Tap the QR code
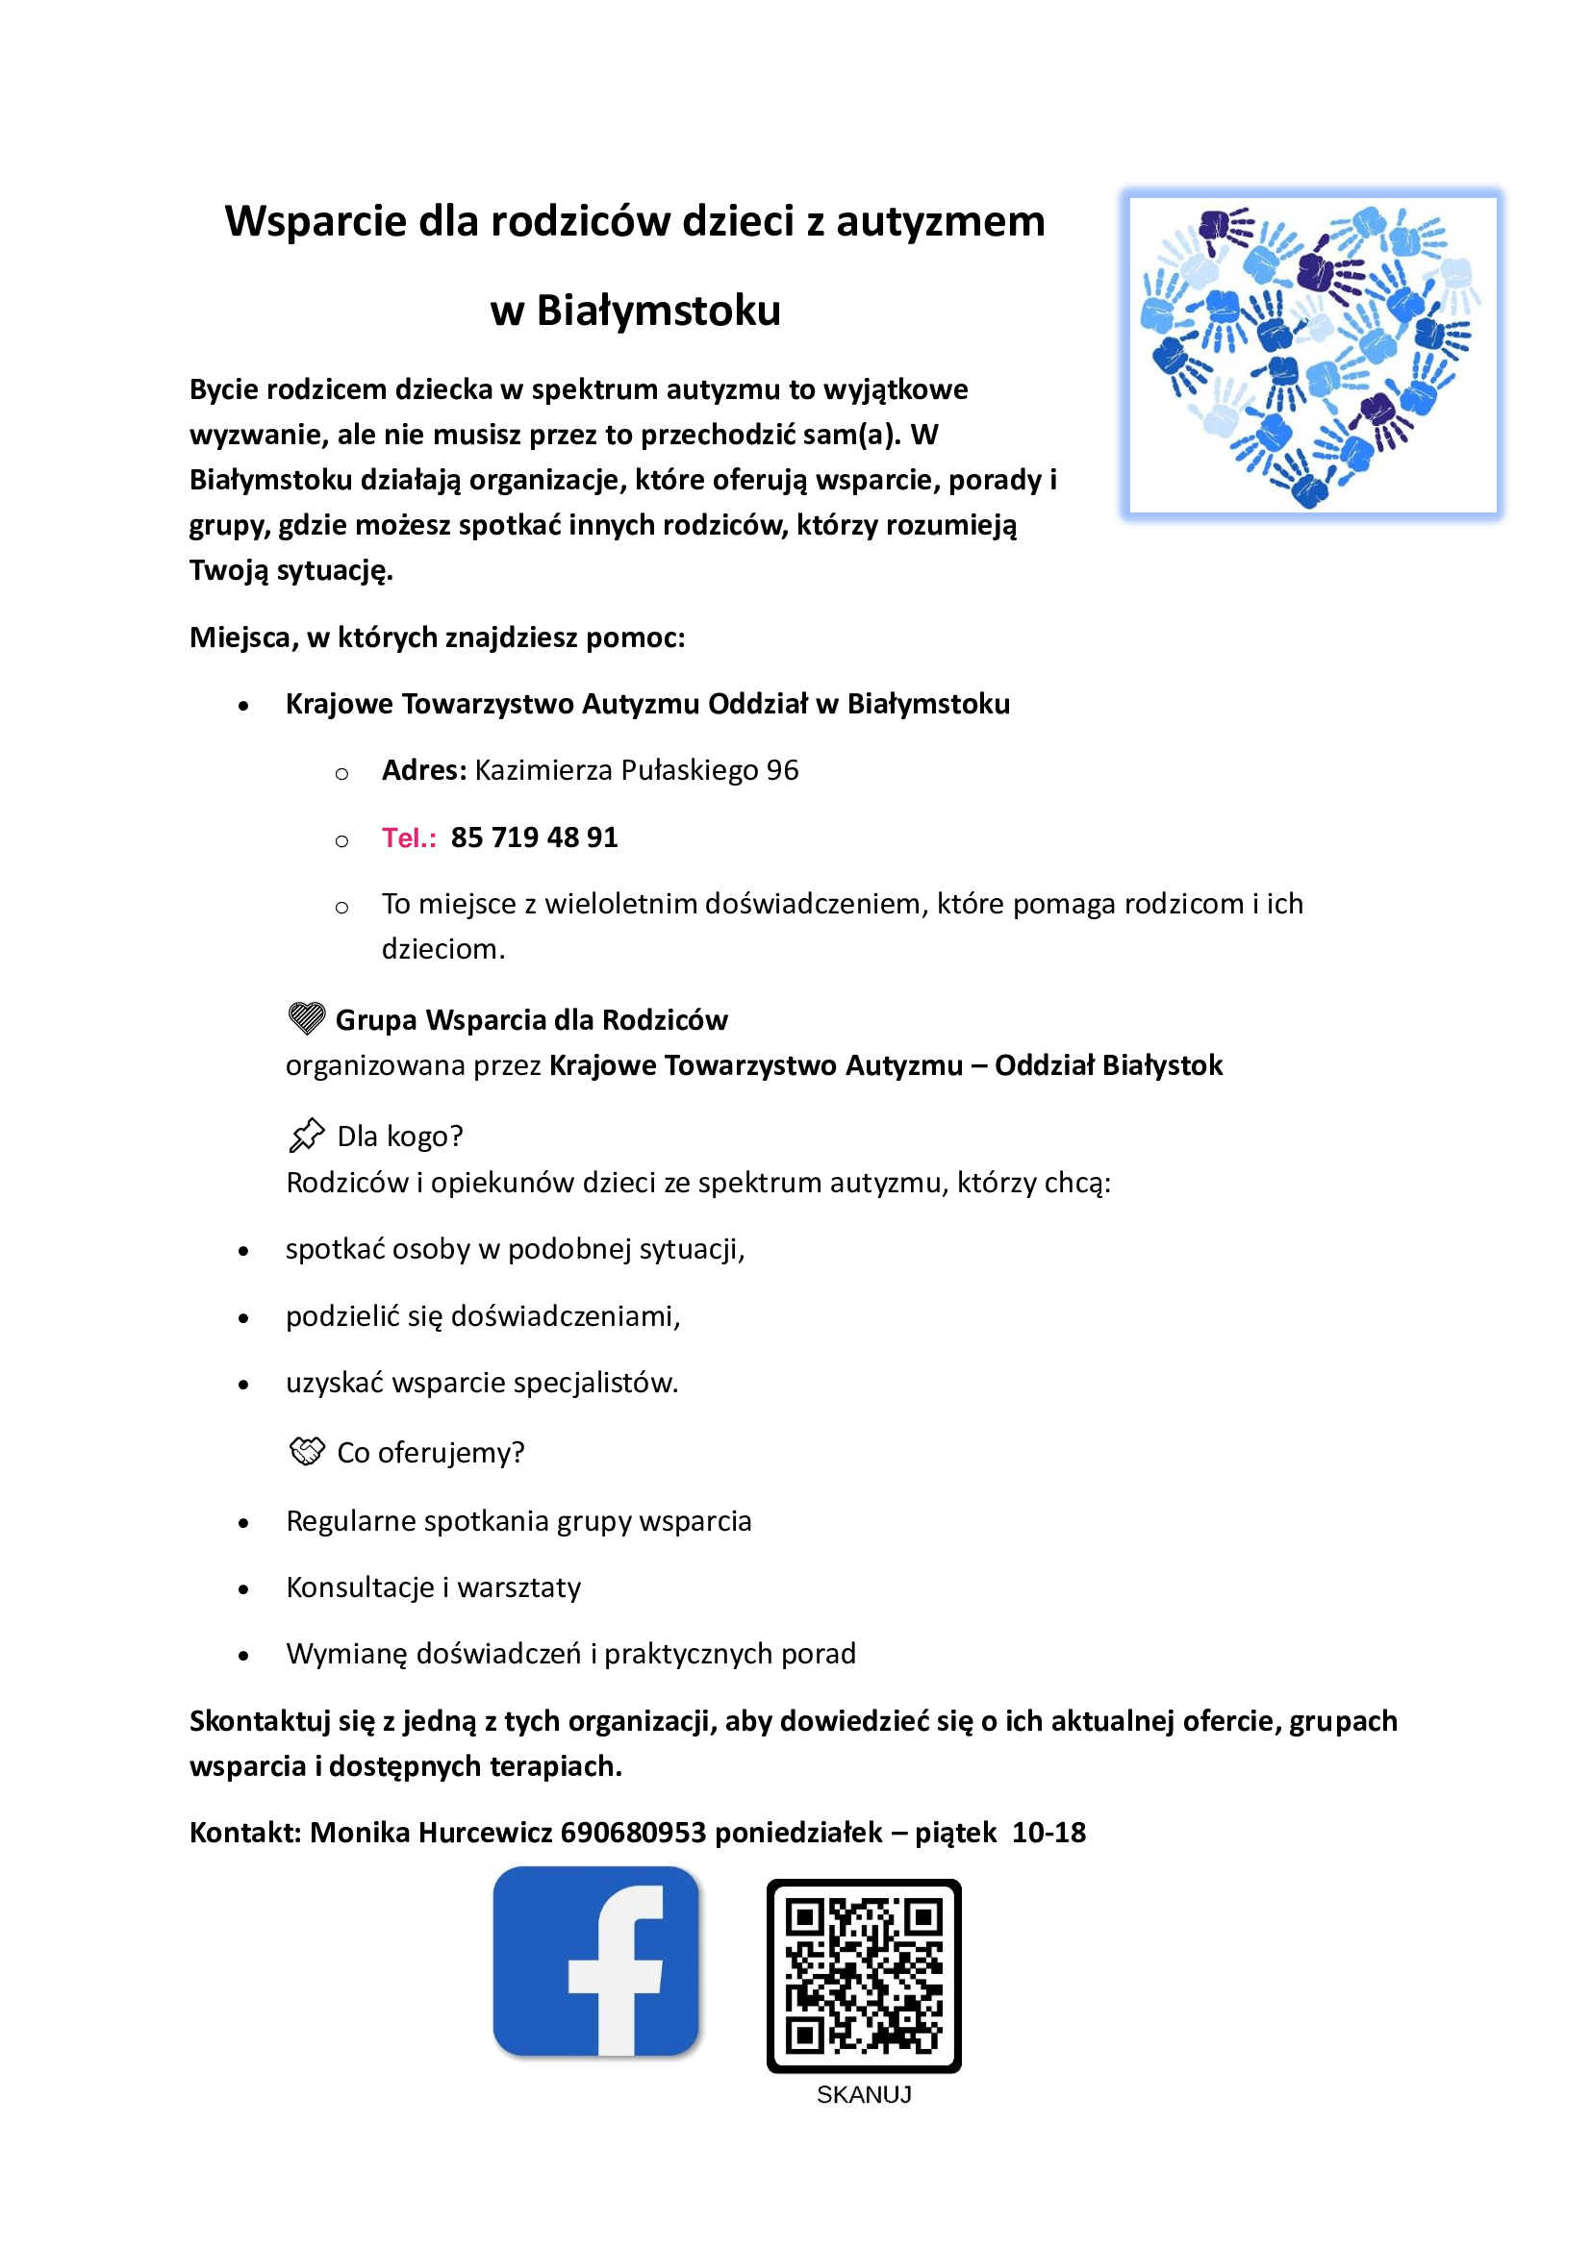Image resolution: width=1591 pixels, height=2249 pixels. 863,1975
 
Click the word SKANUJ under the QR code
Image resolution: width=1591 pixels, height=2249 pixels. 863,2094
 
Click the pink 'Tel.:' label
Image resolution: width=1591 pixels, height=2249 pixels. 409,837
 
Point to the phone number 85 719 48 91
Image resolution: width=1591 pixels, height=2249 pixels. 534,837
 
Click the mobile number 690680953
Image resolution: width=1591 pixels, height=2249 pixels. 633,1832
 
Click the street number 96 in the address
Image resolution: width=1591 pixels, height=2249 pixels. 782,771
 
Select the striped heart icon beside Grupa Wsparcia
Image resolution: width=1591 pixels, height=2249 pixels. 307,1018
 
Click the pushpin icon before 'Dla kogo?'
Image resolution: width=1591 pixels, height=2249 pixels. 307,1136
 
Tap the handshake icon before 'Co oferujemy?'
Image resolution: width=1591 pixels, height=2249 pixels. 307,1451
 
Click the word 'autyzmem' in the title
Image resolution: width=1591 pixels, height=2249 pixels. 941,221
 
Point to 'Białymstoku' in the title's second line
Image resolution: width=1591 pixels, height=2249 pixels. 658,312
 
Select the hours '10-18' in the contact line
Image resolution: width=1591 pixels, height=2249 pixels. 1048,1832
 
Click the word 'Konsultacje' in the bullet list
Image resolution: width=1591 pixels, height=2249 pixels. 360,1587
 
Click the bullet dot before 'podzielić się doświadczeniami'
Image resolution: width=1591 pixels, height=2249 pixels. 244,1318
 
